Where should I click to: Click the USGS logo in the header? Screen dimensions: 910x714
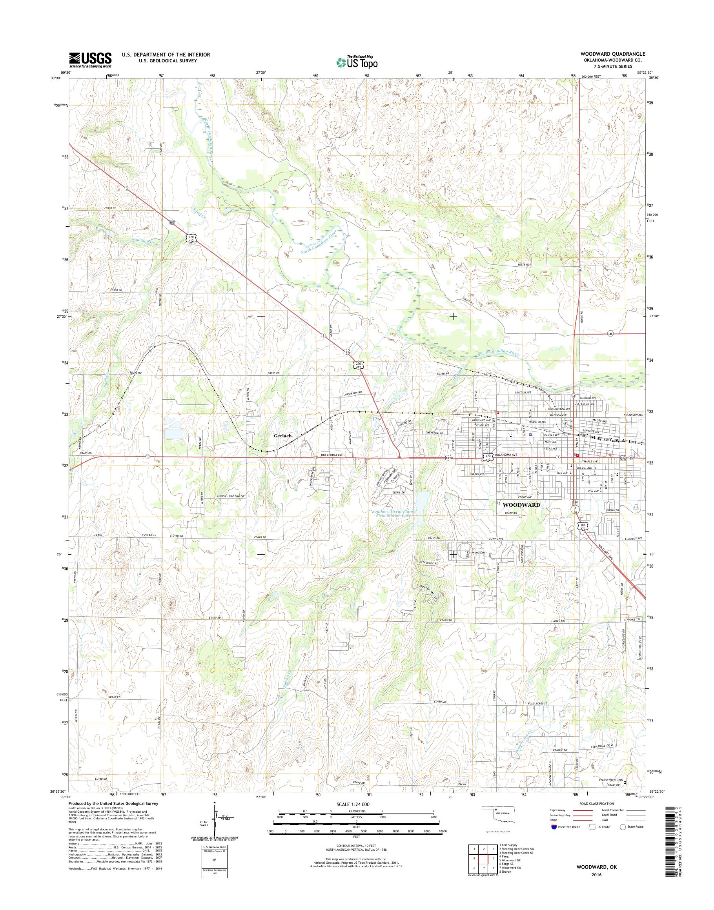90,60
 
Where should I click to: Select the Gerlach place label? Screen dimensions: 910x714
282,435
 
